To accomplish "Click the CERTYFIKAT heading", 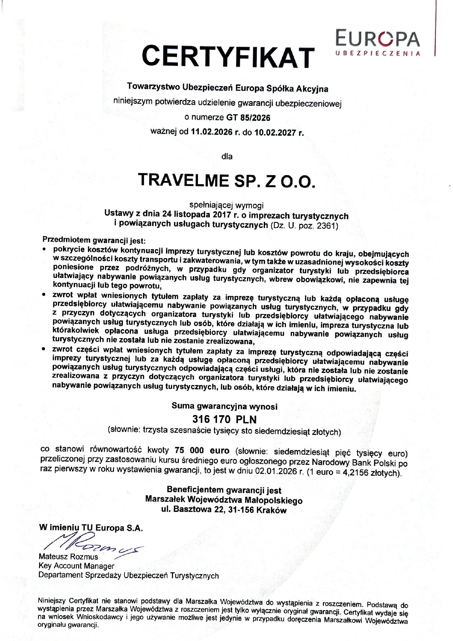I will tap(228, 57).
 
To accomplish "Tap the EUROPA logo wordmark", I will tap(377, 39).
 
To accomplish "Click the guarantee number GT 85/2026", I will tap(248, 118).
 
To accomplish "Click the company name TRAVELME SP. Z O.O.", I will tap(226, 181).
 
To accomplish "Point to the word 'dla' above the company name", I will tap(227, 157).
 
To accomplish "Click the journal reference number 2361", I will tap(327, 226).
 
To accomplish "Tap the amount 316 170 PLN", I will tap(224, 419).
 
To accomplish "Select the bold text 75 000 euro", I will tap(202, 451).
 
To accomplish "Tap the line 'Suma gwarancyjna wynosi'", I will tap(224, 406).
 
